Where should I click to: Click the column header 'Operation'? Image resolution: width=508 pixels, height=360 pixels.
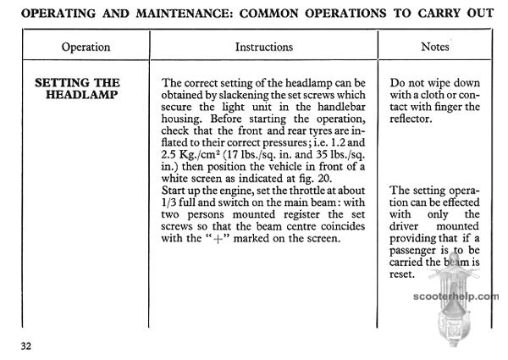pos(86,47)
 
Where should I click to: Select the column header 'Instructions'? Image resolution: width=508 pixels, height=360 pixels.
pos(263,47)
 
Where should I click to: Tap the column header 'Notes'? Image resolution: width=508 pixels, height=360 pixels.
pos(434,47)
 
